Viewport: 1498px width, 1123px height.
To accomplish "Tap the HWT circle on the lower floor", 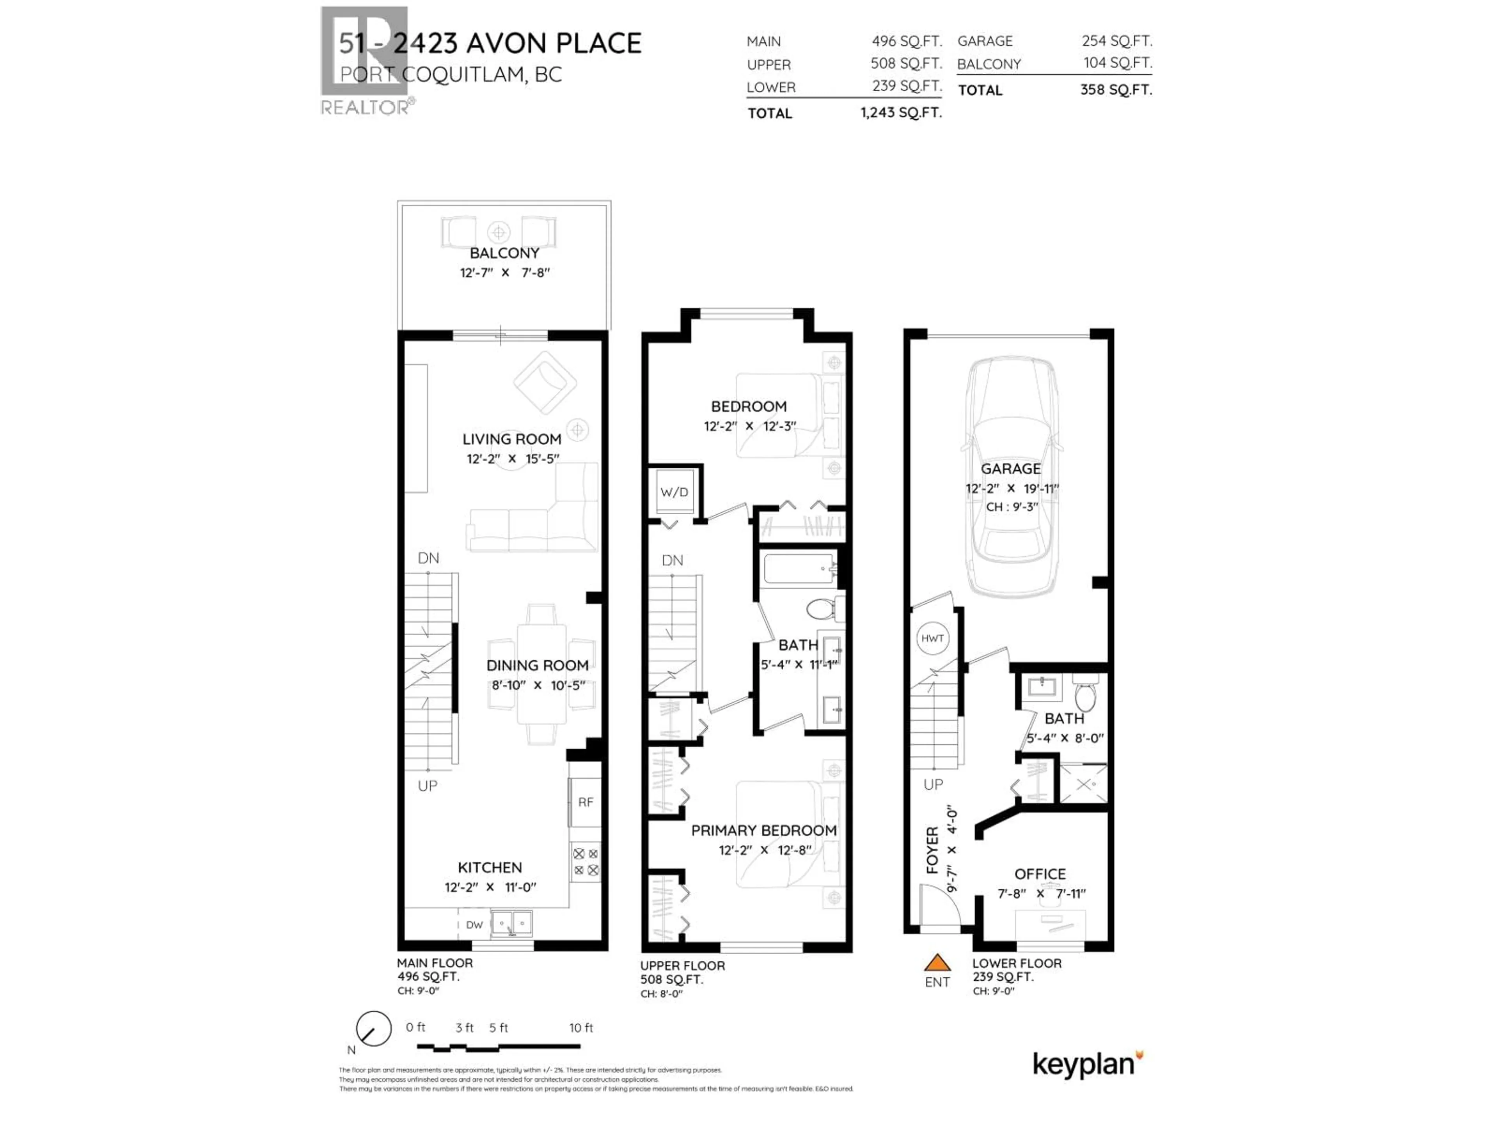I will coord(932,638).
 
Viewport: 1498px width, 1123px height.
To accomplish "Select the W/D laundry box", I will coord(674,492).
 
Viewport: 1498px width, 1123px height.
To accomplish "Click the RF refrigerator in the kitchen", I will coord(585,802).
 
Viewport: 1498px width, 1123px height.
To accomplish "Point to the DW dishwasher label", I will coord(474,925).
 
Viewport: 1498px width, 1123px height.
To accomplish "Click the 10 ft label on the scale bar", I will coord(581,1027).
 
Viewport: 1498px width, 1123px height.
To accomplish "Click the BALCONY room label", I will coord(504,253).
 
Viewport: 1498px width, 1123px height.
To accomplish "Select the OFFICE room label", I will coord(1040,874).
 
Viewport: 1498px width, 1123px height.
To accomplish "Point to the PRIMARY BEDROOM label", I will coord(763,831).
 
